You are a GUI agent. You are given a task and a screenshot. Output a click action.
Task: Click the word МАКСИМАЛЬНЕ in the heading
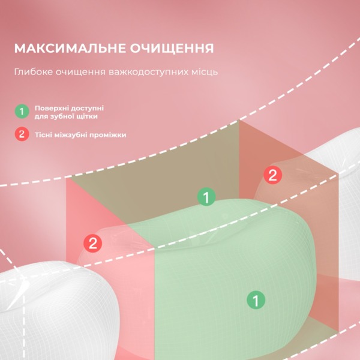[x=70, y=48]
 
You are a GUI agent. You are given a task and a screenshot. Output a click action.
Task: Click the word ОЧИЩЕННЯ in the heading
[x=172, y=48]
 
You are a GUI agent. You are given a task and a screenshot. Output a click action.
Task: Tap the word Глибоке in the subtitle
[x=33, y=72]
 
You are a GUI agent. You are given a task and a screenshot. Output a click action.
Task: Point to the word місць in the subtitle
[x=206, y=72]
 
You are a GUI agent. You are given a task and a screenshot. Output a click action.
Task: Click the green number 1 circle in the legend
[x=22, y=112]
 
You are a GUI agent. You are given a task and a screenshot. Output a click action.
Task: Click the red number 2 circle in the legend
[x=22, y=134]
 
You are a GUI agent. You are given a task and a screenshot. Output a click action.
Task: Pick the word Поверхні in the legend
[x=50, y=108]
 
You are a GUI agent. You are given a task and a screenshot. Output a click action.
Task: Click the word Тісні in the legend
[x=43, y=135]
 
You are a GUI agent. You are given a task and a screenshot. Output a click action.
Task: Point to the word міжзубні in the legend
[x=70, y=135]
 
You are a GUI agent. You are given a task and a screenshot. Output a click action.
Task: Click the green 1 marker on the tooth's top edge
[x=206, y=197]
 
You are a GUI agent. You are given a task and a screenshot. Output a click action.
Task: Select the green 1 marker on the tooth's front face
[x=256, y=300]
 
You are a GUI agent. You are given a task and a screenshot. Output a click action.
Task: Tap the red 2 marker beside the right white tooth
[x=273, y=175]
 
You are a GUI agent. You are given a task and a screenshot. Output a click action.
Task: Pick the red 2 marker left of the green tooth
[x=93, y=243]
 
